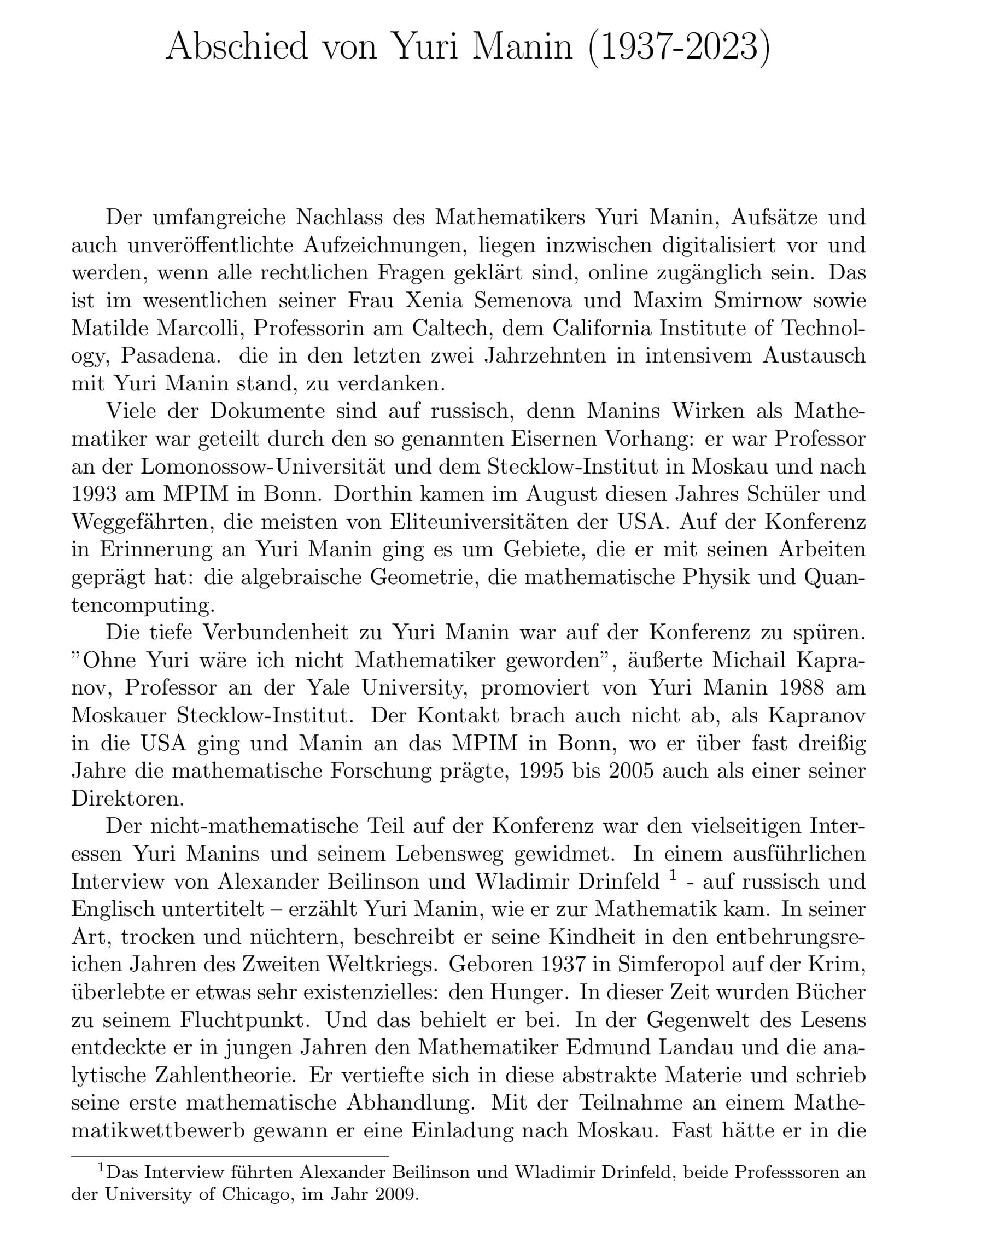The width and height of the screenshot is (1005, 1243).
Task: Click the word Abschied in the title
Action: [237, 46]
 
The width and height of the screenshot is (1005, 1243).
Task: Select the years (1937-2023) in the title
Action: [679, 46]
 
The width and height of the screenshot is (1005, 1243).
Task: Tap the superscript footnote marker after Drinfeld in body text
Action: [673, 876]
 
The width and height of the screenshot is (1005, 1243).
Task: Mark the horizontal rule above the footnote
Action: [230, 1156]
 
